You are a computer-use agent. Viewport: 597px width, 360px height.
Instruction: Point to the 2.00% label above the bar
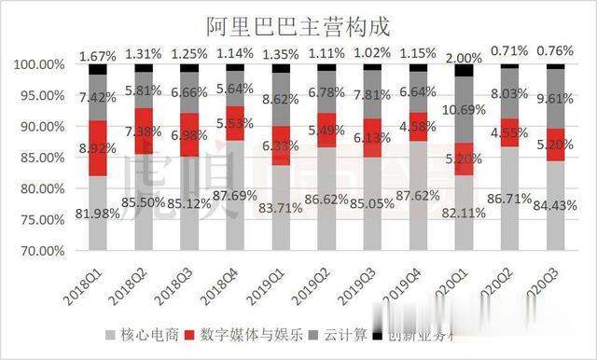click(463, 58)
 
